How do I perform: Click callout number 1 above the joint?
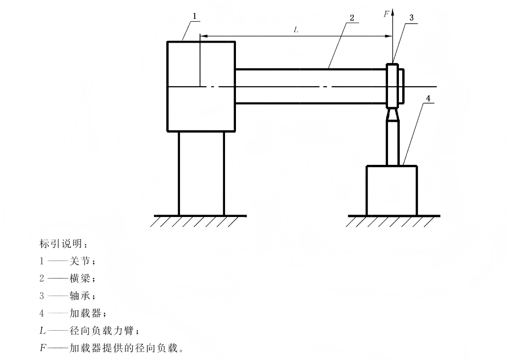click(194, 16)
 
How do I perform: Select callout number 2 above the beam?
click(352, 17)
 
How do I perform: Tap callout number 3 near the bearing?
click(411, 17)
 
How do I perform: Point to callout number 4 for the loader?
click(428, 99)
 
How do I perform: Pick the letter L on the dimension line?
click(297, 30)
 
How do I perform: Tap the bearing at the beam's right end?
click(393, 85)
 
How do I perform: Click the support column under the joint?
click(201, 173)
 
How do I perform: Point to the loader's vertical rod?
click(392, 142)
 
